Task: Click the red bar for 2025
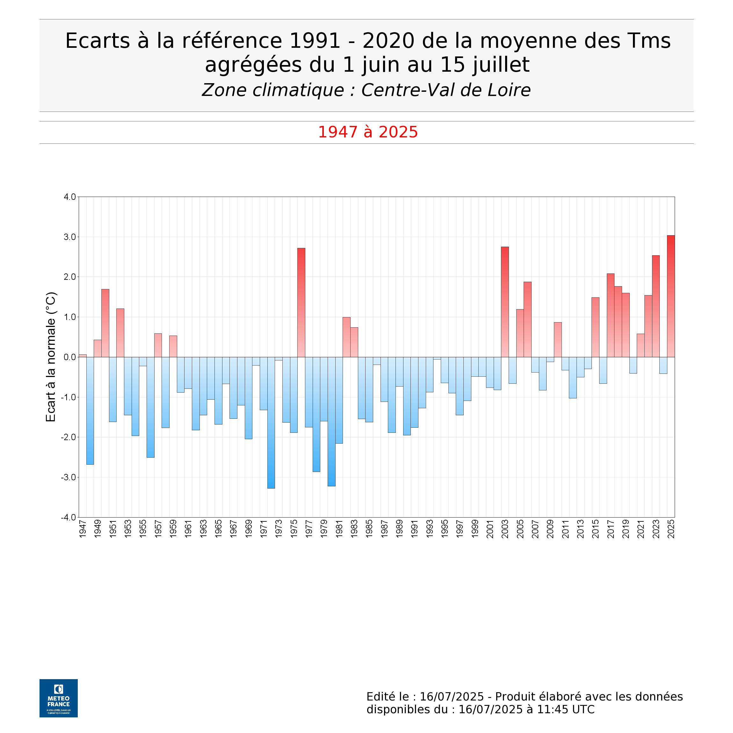click(x=671, y=296)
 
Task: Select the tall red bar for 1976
click(x=301, y=302)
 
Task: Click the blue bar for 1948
click(x=90, y=410)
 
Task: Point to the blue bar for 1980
click(x=331, y=421)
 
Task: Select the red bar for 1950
click(x=105, y=323)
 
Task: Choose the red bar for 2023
click(x=656, y=306)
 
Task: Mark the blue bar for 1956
click(x=151, y=407)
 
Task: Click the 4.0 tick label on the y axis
click(x=69, y=197)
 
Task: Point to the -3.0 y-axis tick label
click(x=68, y=477)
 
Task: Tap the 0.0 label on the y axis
click(x=69, y=357)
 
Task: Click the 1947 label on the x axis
click(x=83, y=528)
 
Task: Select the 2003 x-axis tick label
click(x=505, y=528)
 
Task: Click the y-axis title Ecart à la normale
click(x=51, y=357)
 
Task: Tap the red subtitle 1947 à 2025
click(x=368, y=132)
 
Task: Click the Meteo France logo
click(x=58, y=698)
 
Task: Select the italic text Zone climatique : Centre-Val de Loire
click(x=366, y=90)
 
